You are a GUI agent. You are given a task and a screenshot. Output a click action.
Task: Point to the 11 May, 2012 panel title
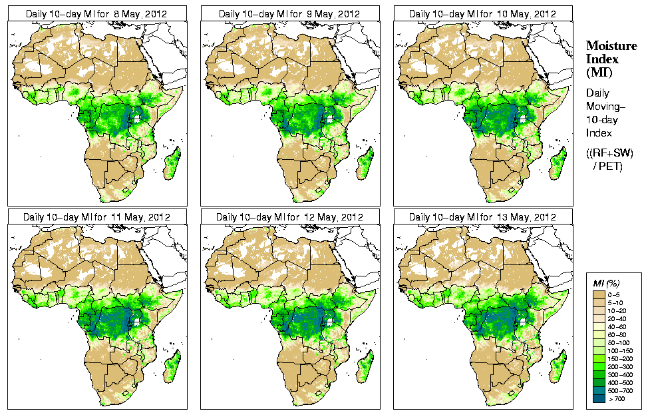(97, 216)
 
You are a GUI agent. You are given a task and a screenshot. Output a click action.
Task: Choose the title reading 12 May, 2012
(289, 216)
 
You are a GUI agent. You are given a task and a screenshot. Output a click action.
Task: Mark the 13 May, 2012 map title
(483, 216)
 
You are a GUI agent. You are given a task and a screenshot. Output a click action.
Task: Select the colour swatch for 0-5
(599, 293)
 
